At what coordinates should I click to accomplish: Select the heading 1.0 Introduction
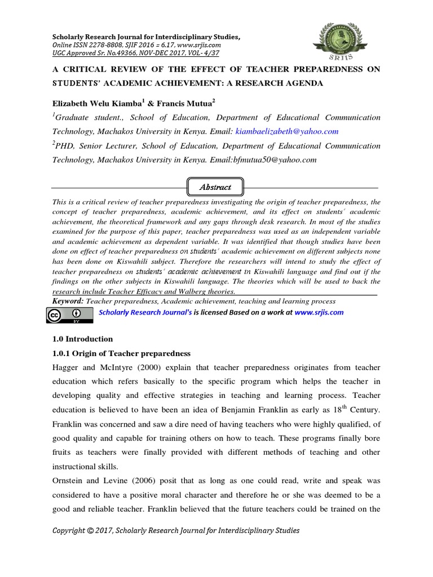(x=82, y=339)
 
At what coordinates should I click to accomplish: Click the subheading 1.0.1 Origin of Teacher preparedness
(x=121, y=353)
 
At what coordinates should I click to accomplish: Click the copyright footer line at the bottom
(x=176, y=530)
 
